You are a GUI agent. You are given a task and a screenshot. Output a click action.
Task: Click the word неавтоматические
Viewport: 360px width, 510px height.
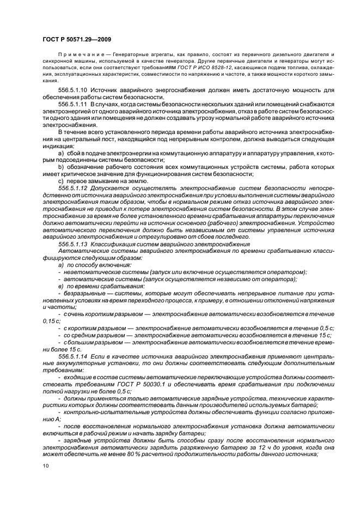[x=88, y=272]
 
